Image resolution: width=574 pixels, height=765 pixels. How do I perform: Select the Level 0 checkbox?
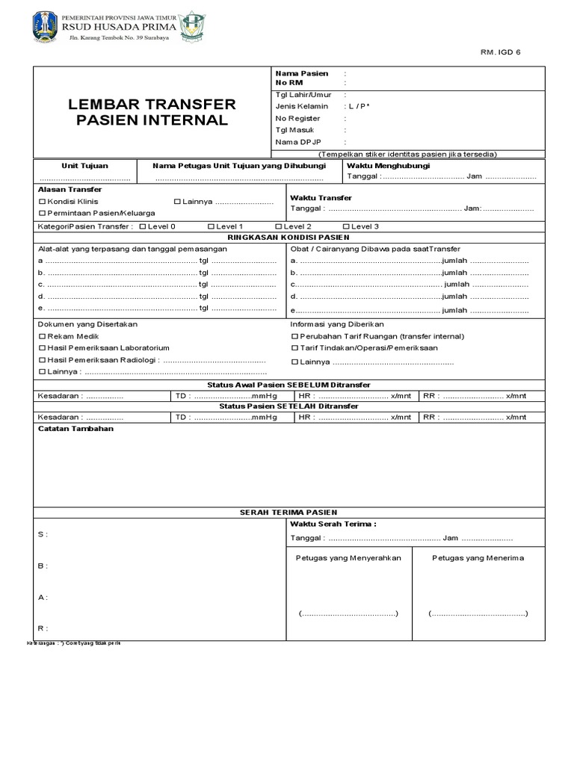coord(143,226)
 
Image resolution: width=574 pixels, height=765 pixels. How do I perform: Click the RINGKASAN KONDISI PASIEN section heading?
coord(288,237)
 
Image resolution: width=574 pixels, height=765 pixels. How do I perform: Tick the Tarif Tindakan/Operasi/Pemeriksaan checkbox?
coord(294,348)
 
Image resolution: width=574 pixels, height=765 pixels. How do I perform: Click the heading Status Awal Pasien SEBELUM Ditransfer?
coord(288,385)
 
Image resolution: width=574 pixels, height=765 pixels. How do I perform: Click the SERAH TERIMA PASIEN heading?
coord(288,512)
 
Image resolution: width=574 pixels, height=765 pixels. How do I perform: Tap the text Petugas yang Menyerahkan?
coord(348,558)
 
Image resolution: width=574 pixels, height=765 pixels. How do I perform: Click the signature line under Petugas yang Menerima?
coord(478,613)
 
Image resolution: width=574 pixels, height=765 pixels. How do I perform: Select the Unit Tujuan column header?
coord(84,166)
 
